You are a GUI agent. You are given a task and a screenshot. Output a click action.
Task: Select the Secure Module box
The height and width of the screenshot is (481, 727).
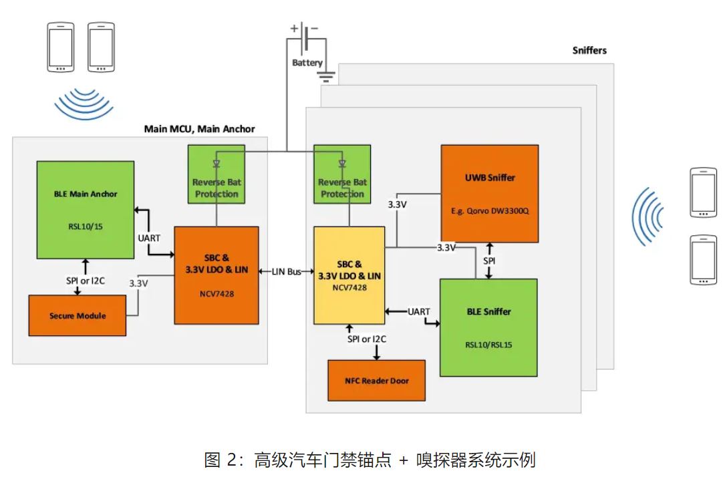pyautogui.click(x=77, y=315)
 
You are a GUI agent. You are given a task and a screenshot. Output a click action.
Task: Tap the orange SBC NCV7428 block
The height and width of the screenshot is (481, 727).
pyautogui.click(x=216, y=275)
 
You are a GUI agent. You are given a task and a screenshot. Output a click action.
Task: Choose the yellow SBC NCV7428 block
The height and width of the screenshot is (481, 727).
pyautogui.click(x=349, y=275)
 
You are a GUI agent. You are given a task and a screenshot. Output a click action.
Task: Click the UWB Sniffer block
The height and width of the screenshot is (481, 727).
pyautogui.click(x=489, y=194)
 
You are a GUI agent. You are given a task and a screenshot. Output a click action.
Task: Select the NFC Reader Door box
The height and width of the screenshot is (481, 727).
pyautogui.click(x=376, y=380)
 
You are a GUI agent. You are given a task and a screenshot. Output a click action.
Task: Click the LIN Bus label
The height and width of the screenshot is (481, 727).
pyautogui.click(x=286, y=273)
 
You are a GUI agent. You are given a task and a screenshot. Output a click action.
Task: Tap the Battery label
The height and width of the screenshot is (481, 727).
pyautogui.click(x=307, y=63)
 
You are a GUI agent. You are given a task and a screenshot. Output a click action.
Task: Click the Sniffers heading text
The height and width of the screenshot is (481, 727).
pyautogui.click(x=589, y=50)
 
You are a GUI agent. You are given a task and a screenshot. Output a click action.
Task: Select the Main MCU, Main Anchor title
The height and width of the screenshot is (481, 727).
pyautogui.click(x=199, y=129)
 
